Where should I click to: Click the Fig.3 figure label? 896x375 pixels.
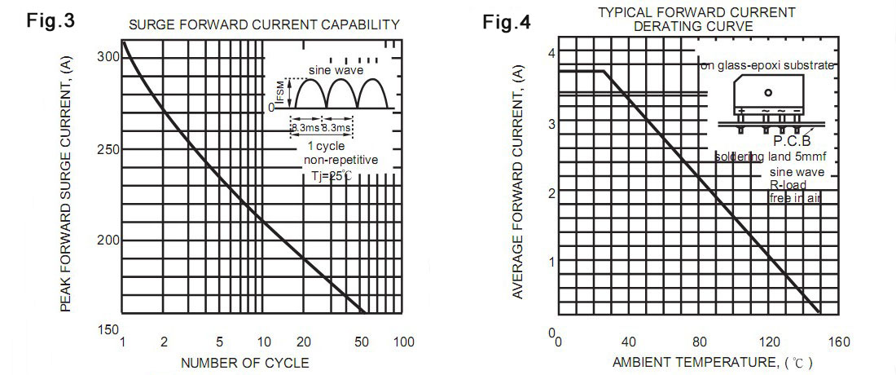51,20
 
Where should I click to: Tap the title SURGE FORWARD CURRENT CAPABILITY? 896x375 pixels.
265,24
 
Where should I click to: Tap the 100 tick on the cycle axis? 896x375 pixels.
403,342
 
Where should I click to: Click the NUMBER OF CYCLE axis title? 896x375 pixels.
244,363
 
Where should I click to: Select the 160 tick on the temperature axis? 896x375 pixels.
838,342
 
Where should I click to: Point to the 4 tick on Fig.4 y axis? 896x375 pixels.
551,52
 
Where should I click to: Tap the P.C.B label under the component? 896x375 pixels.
770,140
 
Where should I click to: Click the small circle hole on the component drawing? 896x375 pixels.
768,93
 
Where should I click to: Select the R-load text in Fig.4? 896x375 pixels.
788,185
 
